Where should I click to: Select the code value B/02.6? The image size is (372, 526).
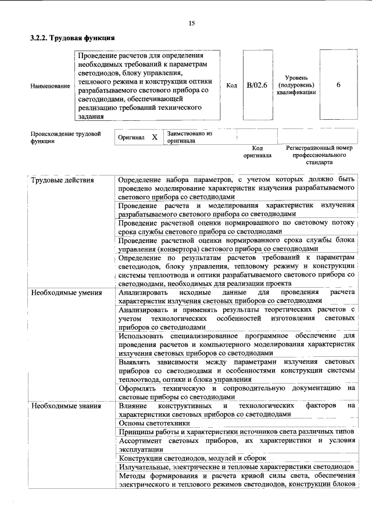[x=256, y=85]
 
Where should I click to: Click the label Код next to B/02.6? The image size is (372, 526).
[x=231, y=85]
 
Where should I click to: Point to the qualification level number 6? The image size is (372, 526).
[x=338, y=85]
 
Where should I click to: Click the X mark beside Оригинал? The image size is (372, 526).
[x=154, y=137]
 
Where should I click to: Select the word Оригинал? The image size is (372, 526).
[x=131, y=138]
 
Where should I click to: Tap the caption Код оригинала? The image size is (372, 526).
[x=256, y=152]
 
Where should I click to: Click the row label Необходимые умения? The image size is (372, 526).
[x=66, y=292]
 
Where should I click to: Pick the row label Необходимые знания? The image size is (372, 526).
[x=66, y=405]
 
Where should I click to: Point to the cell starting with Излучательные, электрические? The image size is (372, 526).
[x=235, y=467]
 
